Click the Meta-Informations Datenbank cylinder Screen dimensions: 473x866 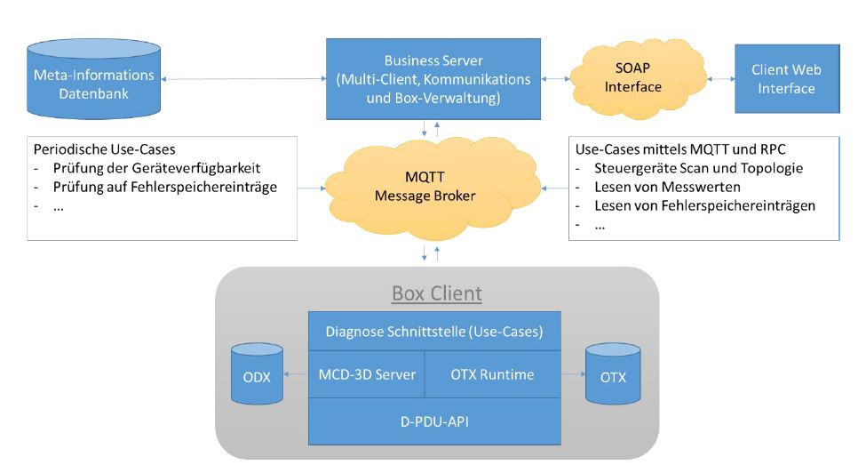point(92,83)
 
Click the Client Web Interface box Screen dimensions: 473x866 point(785,78)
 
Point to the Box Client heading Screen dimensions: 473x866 point(437,293)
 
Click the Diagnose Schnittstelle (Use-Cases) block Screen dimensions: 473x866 point(434,331)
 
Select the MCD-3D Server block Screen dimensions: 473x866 point(367,374)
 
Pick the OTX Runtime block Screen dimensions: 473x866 point(493,374)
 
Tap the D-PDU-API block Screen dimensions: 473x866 point(434,421)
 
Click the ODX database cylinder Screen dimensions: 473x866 point(256,375)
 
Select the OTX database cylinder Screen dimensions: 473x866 point(613,375)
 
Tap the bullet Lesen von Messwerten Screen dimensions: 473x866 point(656,187)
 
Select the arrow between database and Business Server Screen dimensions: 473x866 point(241,80)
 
